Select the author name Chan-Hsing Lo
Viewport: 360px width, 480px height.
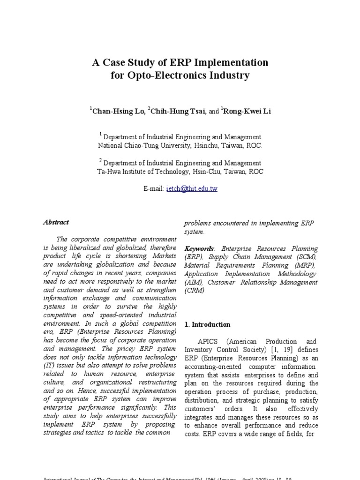point(118,111)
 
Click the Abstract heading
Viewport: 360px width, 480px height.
point(56,222)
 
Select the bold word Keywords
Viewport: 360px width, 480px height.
point(199,248)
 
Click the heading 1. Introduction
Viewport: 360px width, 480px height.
point(207,324)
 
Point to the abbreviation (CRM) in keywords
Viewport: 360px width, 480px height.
point(195,291)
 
